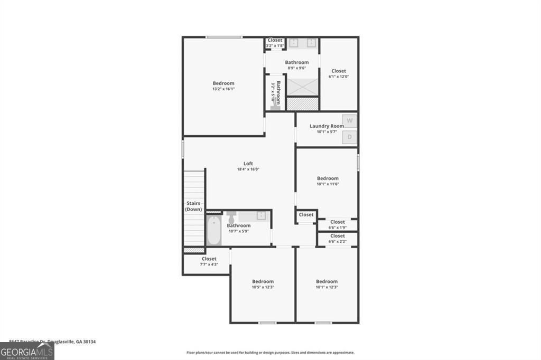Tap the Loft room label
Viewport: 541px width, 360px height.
tap(248, 164)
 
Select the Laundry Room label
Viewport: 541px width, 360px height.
tap(327, 126)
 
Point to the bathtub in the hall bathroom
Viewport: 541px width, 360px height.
tap(213, 231)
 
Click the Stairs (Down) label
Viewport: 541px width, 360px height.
tap(194, 206)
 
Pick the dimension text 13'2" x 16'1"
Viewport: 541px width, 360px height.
tap(223, 89)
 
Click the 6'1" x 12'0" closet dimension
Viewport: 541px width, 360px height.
tap(339, 77)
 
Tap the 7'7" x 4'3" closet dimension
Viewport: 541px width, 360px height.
tap(209, 264)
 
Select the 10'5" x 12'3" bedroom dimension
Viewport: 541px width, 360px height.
tap(263, 287)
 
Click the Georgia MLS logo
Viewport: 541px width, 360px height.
tap(27, 350)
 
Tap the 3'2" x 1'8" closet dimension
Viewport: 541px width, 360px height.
tap(275, 46)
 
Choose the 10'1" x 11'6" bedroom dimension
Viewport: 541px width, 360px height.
tap(328, 184)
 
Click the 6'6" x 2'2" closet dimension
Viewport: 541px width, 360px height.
tap(337, 241)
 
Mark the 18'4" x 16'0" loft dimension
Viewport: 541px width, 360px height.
tap(248, 169)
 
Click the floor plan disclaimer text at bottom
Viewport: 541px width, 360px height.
tap(270, 353)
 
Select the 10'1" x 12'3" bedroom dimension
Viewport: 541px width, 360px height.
tap(327, 287)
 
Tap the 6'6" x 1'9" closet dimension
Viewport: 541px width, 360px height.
tap(337, 228)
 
